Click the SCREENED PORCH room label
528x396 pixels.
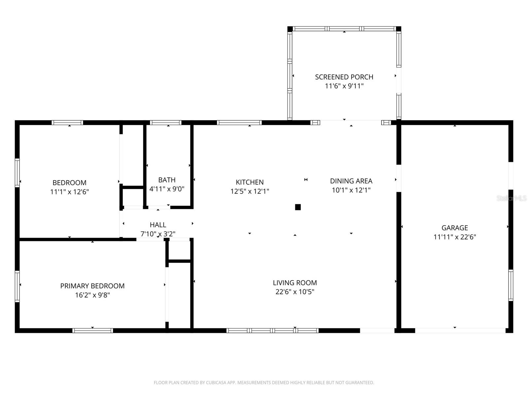tap(344, 77)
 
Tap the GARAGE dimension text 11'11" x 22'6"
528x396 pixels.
tap(454, 237)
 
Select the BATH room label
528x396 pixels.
tap(167, 180)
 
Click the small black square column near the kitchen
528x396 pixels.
tap(298, 207)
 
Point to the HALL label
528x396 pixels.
tap(158, 225)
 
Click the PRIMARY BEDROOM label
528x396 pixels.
tap(92, 286)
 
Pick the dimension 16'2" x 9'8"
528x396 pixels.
tap(92, 295)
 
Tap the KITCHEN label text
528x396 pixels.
tap(249, 182)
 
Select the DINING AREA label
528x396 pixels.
tap(351, 181)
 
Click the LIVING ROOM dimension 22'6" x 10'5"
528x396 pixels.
tap(295, 292)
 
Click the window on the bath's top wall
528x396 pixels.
tap(166, 123)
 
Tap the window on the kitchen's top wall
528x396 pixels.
tap(239, 123)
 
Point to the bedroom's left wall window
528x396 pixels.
tap(17, 173)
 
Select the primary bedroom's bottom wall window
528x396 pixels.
tap(92, 330)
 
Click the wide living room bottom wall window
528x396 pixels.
tap(272, 330)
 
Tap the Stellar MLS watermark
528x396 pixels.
tap(511, 198)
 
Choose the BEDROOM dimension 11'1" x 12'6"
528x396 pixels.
tap(69, 192)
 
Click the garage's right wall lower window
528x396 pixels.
tap(511, 285)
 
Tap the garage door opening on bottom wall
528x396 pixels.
tap(460, 330)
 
